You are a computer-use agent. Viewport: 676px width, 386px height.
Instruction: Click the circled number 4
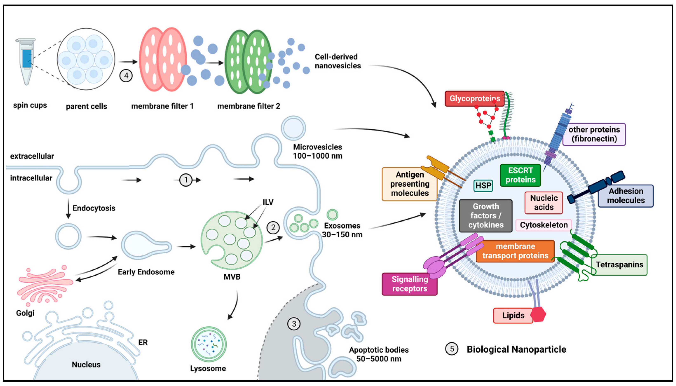click(x=126, y=76)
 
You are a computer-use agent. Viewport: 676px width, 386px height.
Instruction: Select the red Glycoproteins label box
click(x=474, y=99)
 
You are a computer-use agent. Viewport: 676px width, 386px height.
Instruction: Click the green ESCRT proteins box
click(x=520, y=175)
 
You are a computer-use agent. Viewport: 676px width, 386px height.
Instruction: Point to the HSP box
click(x=483, y=186)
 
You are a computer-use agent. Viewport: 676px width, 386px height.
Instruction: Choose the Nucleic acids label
click(x=543, y=202)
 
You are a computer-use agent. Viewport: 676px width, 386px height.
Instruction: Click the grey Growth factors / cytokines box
click(x=485, y=215)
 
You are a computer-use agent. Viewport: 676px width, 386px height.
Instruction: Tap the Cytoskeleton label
click(x=543, y=225)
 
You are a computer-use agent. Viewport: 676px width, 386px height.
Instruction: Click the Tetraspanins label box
click(x=619, y=265)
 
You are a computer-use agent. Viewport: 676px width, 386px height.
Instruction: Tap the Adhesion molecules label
click(x=626, y=196)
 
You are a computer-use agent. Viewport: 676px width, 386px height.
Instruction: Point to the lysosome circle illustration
click(x=209, y=344)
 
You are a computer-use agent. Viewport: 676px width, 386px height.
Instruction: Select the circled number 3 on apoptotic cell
click(x=294, y=324)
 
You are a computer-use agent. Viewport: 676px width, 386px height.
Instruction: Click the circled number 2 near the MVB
click(x=273, y=227)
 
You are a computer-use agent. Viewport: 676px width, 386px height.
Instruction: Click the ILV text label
click(x=268, y=202)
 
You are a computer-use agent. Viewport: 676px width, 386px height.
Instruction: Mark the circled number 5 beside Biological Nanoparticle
click(x=452, y=349)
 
